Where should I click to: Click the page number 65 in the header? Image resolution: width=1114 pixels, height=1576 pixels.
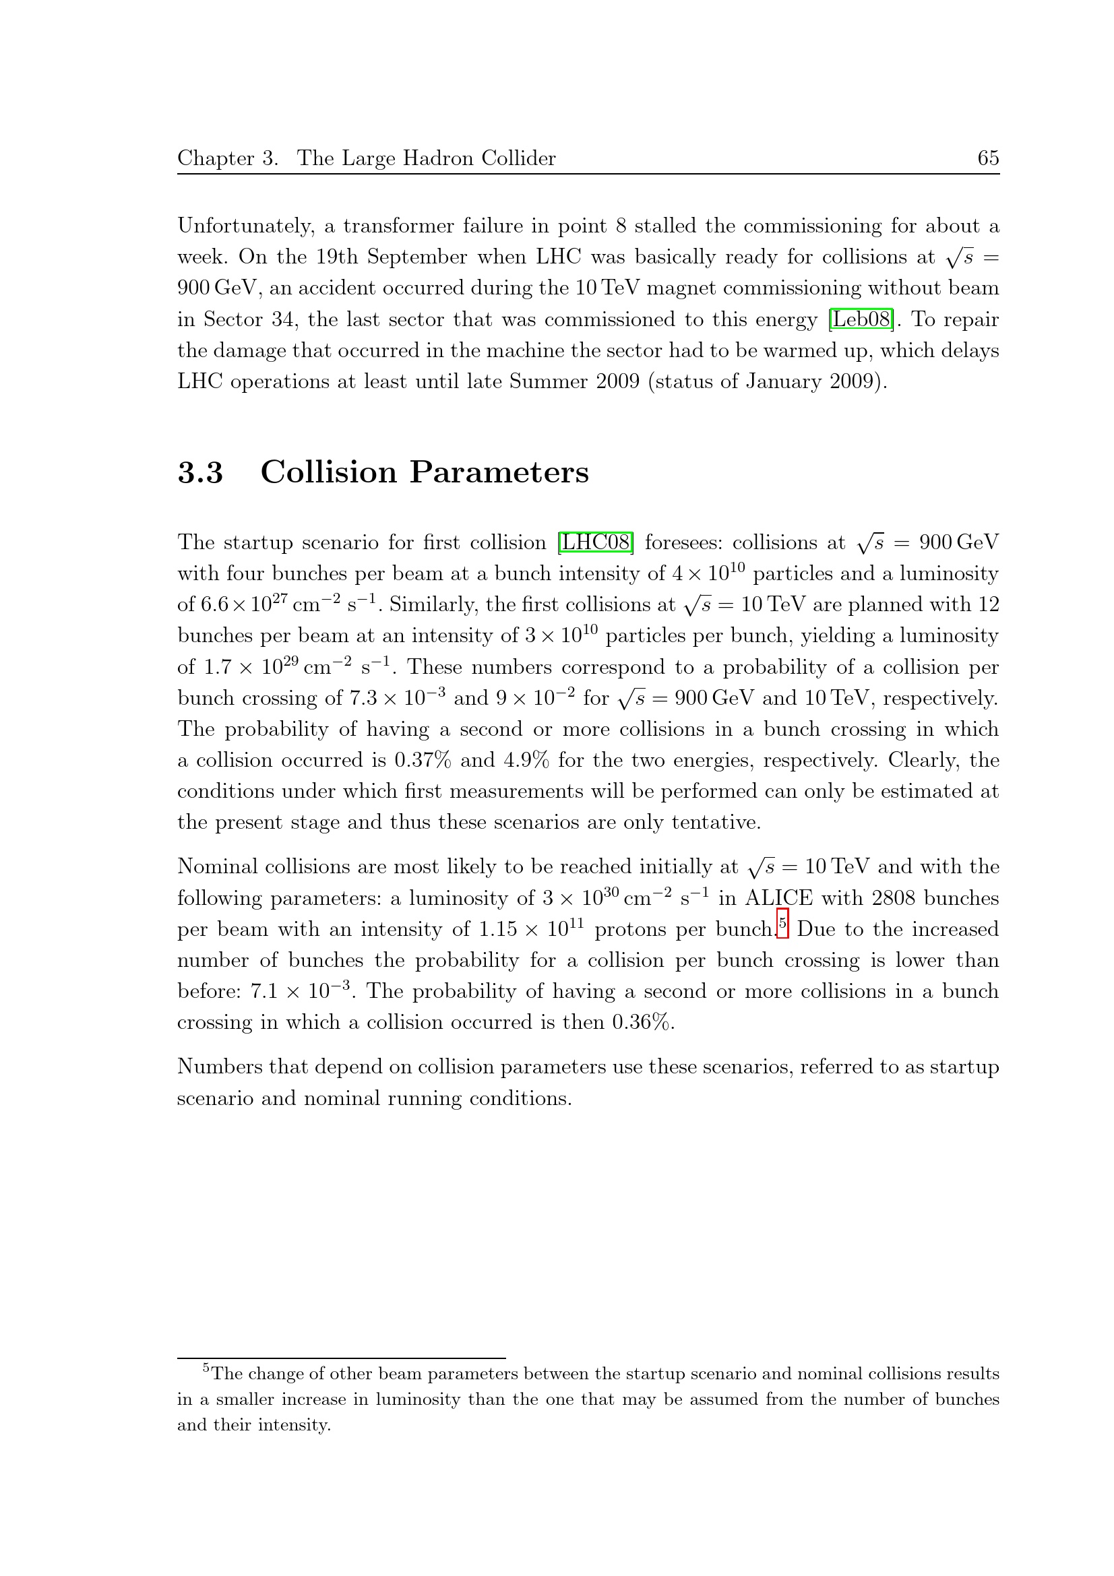(988, 158)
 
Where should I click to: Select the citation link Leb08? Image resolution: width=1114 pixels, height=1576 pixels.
(861, 319)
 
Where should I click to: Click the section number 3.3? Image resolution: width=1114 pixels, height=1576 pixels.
(200, 472)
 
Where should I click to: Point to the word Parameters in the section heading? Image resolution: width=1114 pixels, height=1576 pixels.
(499, 472)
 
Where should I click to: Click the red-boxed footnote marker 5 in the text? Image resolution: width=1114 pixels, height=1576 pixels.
(782, 923)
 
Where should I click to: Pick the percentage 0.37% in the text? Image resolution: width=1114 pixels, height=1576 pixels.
(422, 760)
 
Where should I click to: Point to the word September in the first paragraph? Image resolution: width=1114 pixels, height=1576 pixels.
(412, 257)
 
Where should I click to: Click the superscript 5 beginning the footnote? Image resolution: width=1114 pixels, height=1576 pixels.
(206, 1368)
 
